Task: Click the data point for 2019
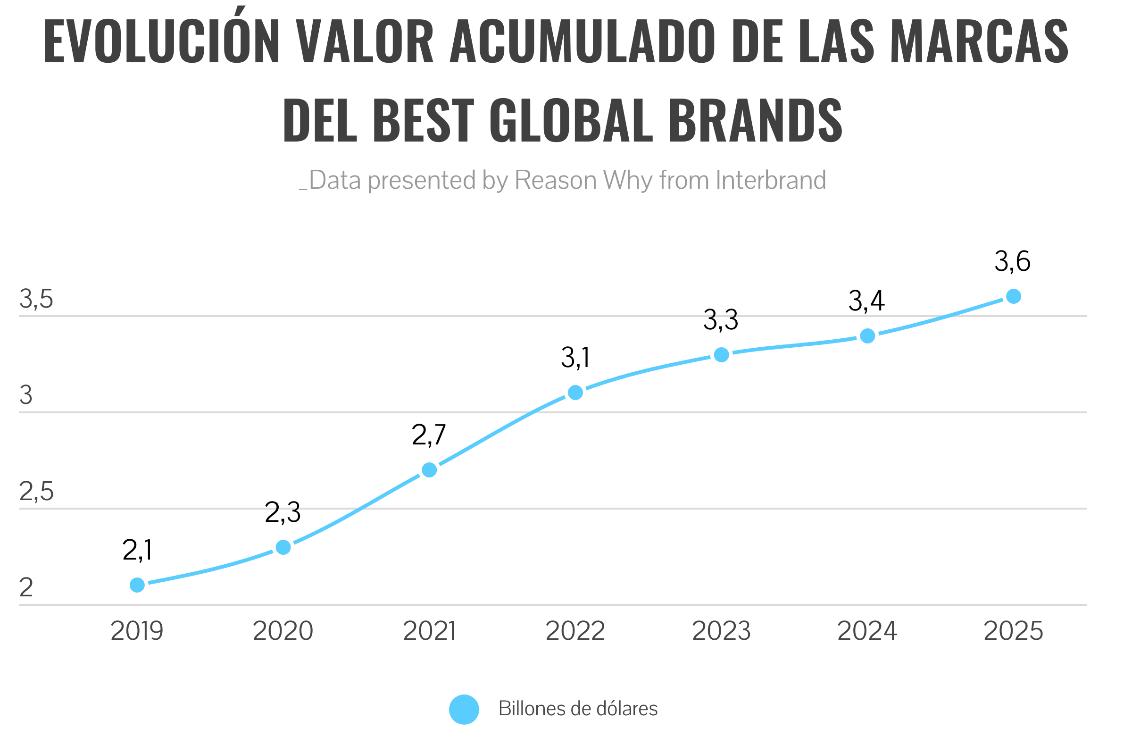137,585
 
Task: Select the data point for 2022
575,393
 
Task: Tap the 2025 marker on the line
1014,296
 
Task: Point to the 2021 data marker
429,469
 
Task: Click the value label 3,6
1013,262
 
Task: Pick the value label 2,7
429,435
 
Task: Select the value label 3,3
721,320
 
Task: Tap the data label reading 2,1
137,550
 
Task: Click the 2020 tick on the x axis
283,631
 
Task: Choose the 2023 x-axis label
721,631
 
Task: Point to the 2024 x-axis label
867,631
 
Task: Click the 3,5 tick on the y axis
36,299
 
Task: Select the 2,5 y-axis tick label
36,492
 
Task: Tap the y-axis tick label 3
26,396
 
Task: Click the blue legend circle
464,709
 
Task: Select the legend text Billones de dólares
577,709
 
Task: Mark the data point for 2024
867,335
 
